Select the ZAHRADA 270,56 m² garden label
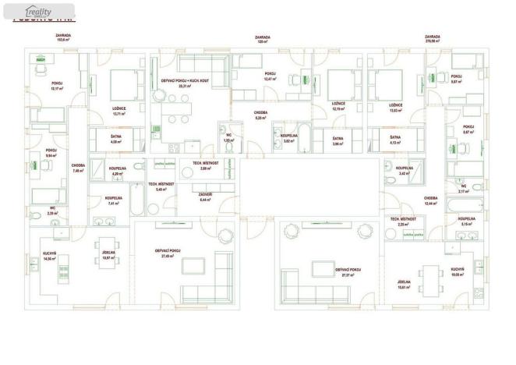(x=433, y=37)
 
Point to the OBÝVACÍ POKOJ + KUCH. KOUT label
(x=183, y=83)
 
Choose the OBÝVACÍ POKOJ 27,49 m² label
(x=168, y=253)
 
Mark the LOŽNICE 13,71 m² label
(x=119, y=112)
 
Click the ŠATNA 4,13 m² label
(x=395, y=141)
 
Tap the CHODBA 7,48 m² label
(x=79, y=167)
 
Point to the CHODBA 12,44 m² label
(x=431, y=200)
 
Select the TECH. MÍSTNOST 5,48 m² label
(x=161, y=187)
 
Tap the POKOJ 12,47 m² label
(x=270, y=76)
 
